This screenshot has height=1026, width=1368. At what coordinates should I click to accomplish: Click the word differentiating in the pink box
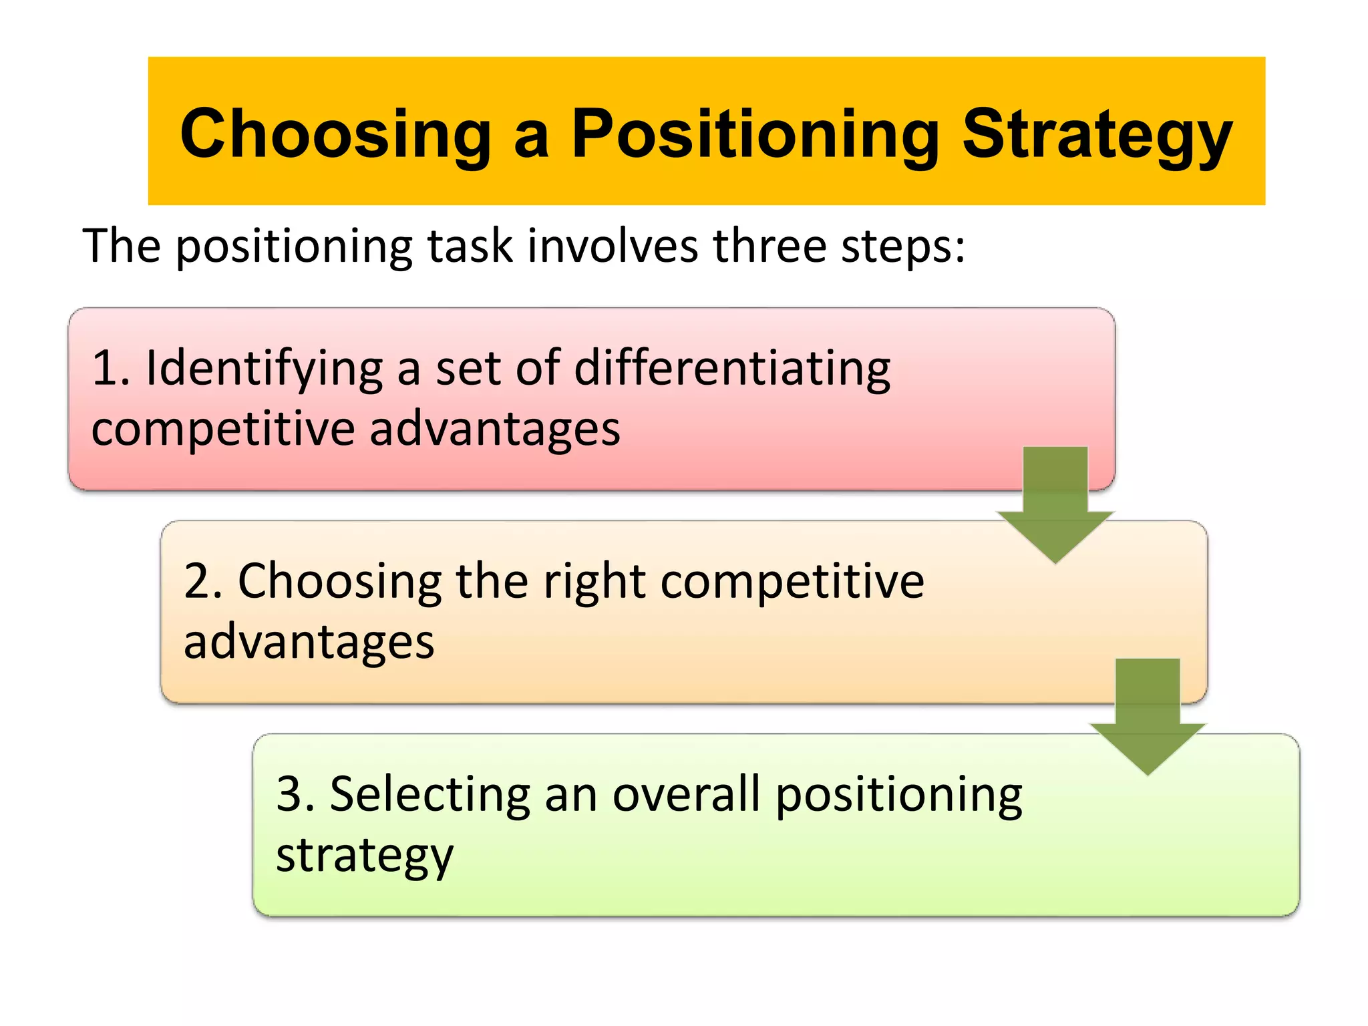[732, 369]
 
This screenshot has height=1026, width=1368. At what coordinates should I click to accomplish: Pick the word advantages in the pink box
[495, 430]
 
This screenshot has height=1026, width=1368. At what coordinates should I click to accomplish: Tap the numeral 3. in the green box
[296, 794]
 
